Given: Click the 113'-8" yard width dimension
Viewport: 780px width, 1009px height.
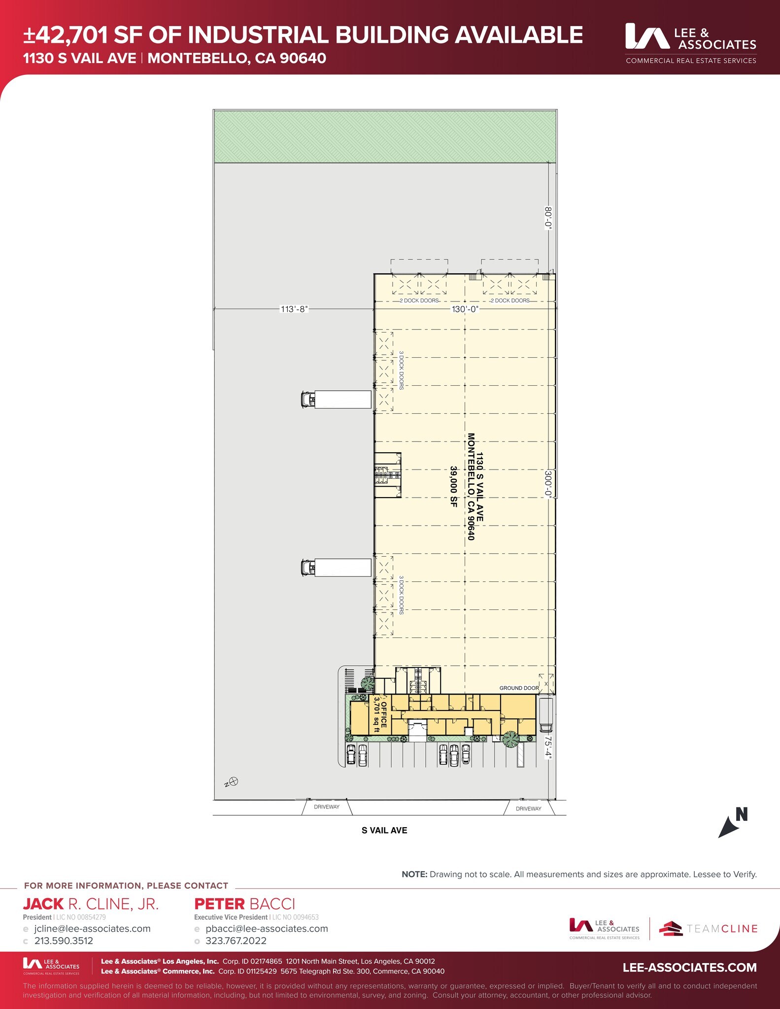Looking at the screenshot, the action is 294,309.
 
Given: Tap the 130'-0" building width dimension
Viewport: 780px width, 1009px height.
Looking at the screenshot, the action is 465,309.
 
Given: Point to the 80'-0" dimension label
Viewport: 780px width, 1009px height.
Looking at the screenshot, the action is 548,218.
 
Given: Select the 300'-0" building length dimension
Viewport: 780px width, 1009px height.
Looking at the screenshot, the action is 548,484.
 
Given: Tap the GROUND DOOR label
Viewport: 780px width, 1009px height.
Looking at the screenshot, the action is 519,688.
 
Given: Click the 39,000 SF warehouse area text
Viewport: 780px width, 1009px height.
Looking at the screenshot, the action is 454,487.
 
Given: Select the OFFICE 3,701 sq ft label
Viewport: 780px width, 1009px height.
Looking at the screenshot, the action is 380,714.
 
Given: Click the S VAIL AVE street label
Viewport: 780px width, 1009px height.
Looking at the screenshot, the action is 384,830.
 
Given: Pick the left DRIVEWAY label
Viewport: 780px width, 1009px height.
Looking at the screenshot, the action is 327,807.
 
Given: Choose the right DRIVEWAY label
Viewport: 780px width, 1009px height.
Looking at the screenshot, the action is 529,808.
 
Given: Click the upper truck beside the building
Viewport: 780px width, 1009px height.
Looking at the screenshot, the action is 336,399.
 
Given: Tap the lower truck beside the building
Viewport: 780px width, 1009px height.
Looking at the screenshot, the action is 336,568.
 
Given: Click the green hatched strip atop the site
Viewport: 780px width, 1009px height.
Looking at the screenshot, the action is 385,136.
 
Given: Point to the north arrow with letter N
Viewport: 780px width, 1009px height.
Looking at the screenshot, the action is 733,822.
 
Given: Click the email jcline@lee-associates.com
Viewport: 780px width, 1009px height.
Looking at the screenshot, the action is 92,928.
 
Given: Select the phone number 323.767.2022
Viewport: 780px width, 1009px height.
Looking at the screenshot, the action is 236,941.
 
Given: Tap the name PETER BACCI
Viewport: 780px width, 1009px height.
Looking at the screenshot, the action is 244,904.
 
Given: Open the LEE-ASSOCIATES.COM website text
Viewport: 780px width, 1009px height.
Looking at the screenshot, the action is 690,967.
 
